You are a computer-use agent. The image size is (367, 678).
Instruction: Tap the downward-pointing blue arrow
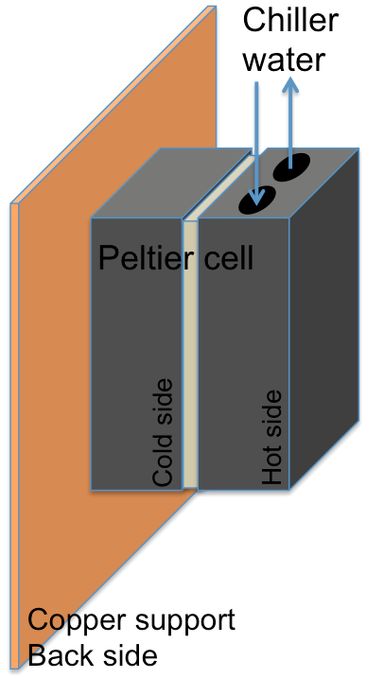click(257, 142)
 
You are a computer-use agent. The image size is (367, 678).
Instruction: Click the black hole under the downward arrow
click(257, 198)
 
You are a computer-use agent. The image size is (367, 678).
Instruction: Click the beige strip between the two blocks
click(189, 378)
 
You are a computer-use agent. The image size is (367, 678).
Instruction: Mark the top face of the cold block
click(170, 184)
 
